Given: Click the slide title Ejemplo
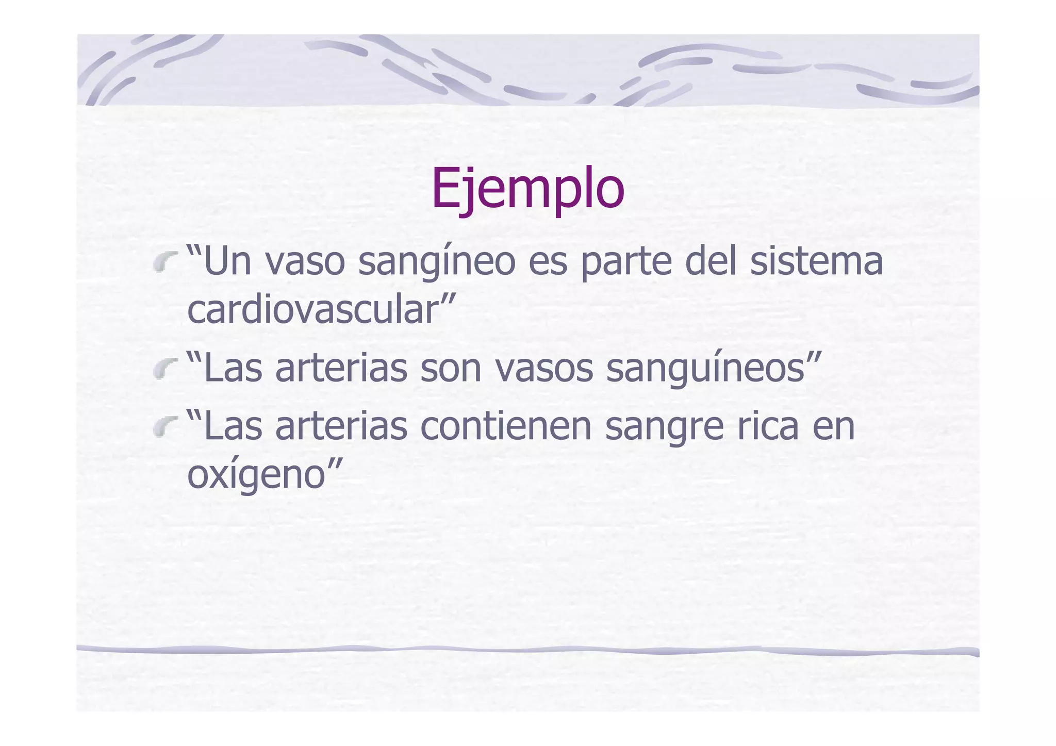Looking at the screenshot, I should point(528,189).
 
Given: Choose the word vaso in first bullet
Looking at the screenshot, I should point(305,262).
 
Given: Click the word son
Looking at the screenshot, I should point(451,369).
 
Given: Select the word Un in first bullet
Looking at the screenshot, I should point(227,261).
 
